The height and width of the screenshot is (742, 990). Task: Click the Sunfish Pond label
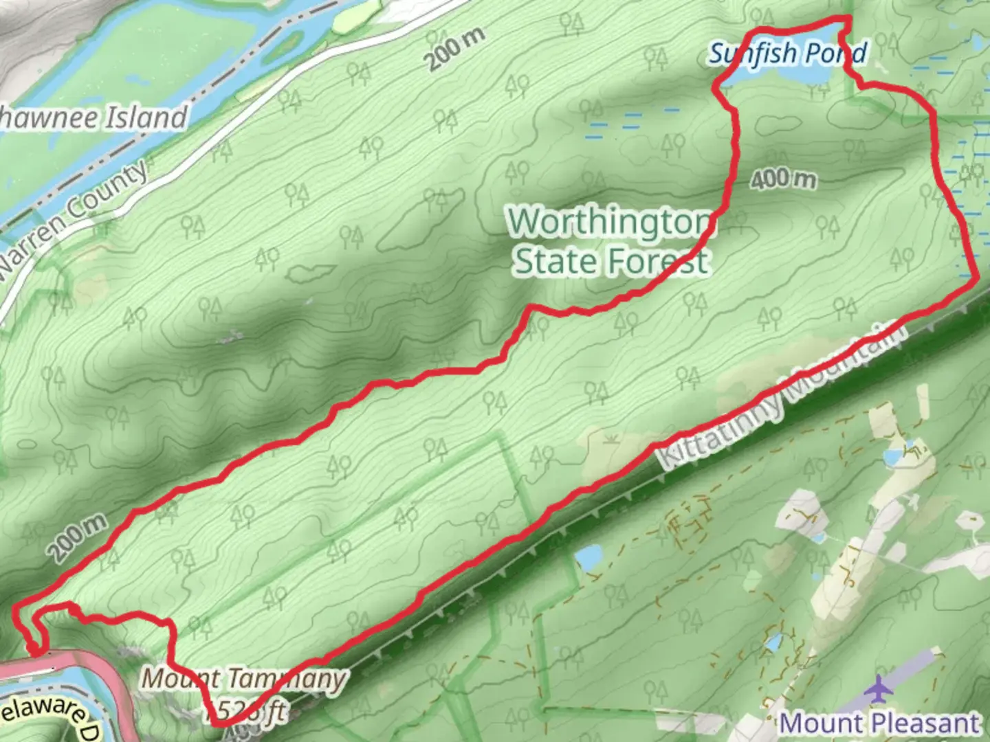click(x=788, y=53)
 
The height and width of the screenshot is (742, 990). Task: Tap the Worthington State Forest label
click(x=611, y=241)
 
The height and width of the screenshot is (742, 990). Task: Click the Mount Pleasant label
click(x=879, y=723)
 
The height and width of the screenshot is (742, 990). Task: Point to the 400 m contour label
click(x=783, y=180)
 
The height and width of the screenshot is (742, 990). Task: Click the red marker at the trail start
click(x=32, y=647)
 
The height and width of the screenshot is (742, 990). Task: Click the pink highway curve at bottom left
click(x=82, y=662)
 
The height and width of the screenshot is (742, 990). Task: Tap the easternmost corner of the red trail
click(x=977, y=278)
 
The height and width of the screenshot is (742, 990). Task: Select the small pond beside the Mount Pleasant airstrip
click(x=775, y=644)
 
